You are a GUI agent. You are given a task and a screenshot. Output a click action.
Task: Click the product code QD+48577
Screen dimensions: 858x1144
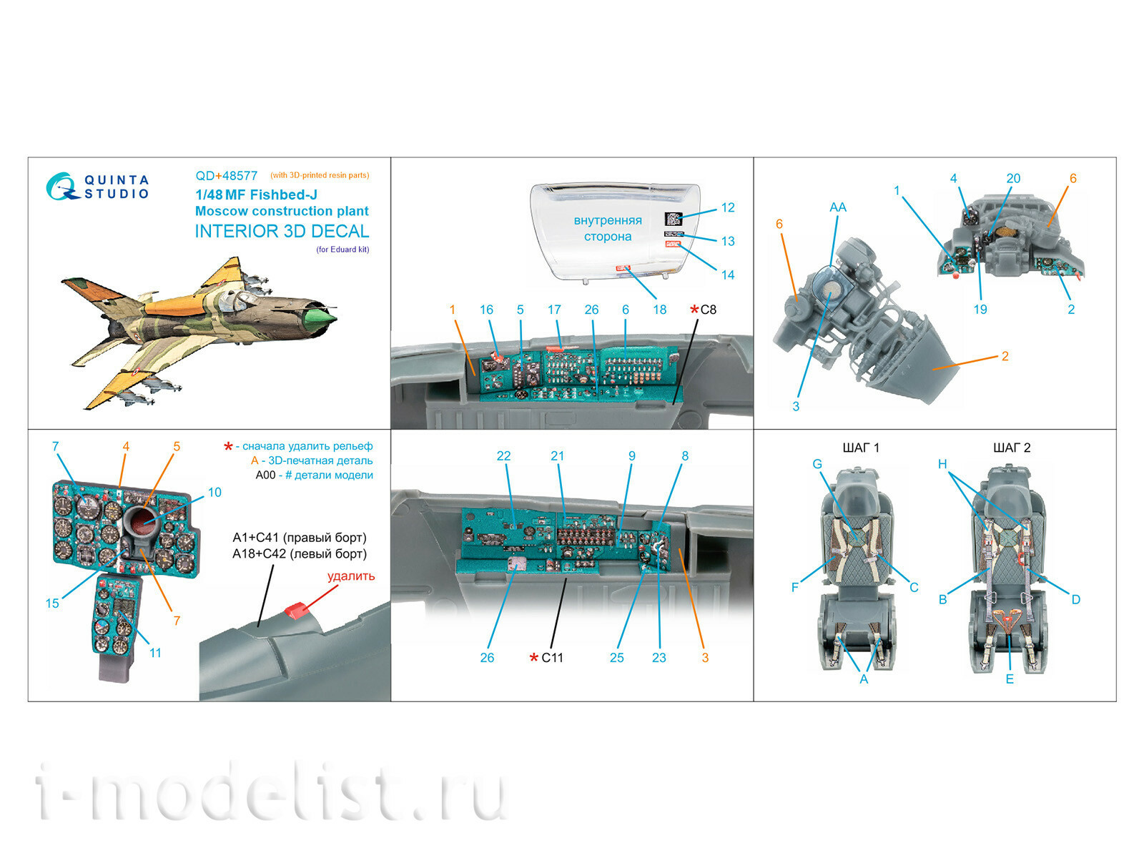pyautogui.click(x=226, y=175)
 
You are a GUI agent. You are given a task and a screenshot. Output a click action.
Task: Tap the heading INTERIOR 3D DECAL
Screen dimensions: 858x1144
pyautogui.click(x=282, y=231)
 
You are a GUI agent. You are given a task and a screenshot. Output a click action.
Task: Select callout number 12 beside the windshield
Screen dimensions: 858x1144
pyautogui.click(x=727, y=207)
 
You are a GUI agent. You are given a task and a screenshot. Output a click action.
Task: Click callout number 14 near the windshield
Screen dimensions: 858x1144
pyautogui.click(x=727, y=275)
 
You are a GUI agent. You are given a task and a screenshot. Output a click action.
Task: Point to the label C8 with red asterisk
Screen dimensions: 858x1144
pyautogui.click(x=703, y=310)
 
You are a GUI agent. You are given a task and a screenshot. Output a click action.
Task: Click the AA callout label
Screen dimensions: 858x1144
pyautogui.click(x=837, y=207)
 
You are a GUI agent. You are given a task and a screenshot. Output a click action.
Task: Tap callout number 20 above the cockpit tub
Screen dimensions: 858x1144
pyautogui.click(x=1012, y=178)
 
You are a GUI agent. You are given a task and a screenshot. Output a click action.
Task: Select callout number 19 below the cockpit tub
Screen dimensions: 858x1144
pyautogui.click(x=980, y=309)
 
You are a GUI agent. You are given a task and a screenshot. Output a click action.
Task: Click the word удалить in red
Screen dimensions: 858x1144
pyautogui.click(x=350, y=576)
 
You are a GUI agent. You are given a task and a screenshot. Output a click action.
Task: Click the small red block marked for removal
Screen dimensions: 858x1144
pyautogui.click(x=296, y=610)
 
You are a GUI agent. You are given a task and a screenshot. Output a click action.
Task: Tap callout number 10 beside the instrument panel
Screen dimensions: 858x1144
pyautogui.click(x=214, y=492)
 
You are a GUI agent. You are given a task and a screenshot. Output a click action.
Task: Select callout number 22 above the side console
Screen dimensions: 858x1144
pyautogui.click(x=503, y=455)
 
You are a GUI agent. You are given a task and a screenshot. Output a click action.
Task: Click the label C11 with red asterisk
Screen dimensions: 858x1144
pyautogui.click(x=547, y=657)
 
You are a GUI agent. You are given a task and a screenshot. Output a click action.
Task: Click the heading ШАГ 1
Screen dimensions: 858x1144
pyautogui.click(x=861, y=448)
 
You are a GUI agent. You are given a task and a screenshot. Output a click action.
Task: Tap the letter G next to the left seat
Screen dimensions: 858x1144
pyautogui.click(x=817, y=464)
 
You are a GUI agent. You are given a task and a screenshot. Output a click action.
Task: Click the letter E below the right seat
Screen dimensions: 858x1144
pyautogui.click(x=1009, y=679)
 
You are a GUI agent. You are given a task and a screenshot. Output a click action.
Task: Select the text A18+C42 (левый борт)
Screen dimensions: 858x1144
pyautogui.click(x=299, y=553)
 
